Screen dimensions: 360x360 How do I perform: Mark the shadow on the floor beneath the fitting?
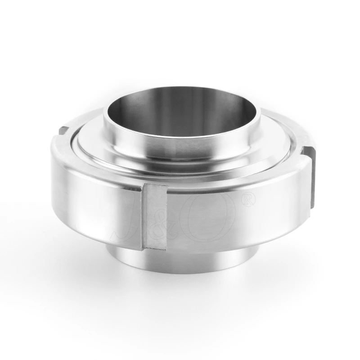point(180,288)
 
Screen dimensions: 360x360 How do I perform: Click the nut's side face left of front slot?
point(90,202)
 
